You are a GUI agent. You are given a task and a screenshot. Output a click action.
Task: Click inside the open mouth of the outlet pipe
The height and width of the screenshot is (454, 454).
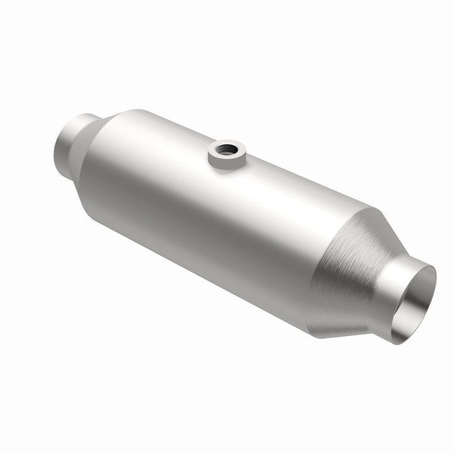pyautogui.click(x=416, y=303)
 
